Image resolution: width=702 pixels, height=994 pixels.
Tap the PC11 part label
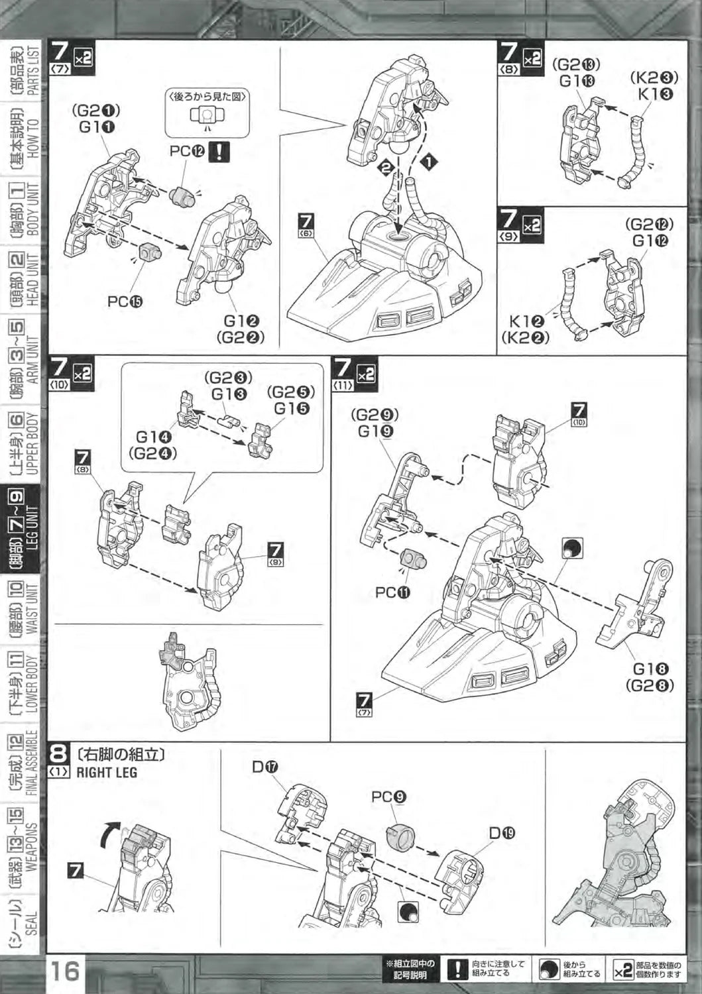point(393,592)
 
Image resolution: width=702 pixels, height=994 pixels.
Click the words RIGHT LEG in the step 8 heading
point(107,772)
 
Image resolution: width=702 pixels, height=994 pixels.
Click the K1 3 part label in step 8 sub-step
point(656,94)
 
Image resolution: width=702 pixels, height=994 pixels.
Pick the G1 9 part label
point(376,431)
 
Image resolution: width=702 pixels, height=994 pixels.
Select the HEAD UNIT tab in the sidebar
point(21,279)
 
